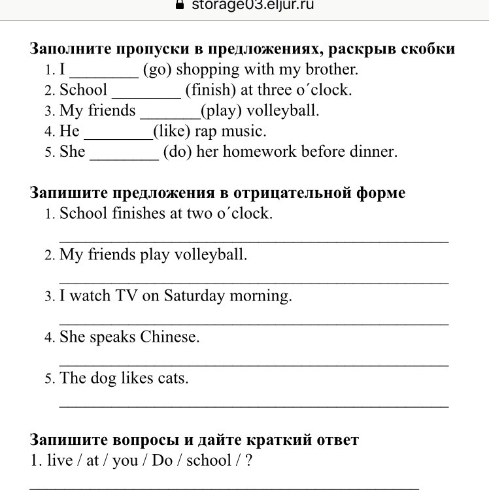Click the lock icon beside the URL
tap(179, 5)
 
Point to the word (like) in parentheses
tap(176, 131)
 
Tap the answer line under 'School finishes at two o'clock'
tap(254, 241)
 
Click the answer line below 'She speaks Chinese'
tap(254, 365)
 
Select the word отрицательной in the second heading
tap(296, 193)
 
